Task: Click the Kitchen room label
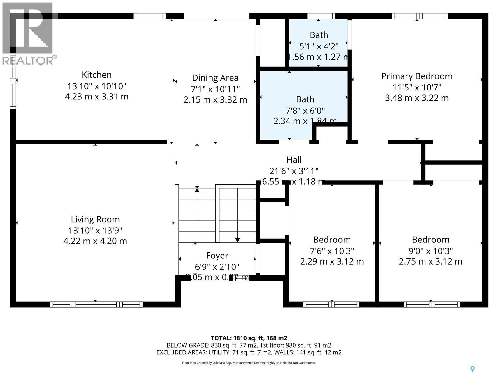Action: pyautogui.click(x=96, y=75)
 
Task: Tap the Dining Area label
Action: pyautogui.click(x=215, y=78)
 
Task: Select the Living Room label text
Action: pyautogui.click(x=95, y=219)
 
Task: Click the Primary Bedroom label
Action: pyautogui.click(x=416, y=76)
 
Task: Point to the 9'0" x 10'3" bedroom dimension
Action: pyautogui.click(x=430, y=251)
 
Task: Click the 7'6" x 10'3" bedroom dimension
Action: pyautogui.click(x=332, y=251)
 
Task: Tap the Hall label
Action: pyautogui.click(x=294, y=160)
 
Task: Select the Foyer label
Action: pyautogui.click(x=217, y=256)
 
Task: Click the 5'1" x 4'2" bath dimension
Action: pyautogui.click(x=319, y=46)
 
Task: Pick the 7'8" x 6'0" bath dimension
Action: pyautogui.click(x=305, y=110)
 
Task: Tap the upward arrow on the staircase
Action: pyautogui.click(x=197, y=189)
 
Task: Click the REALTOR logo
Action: pyautogui.click(x=29, y=34)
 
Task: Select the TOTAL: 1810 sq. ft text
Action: pyautogui.click(x=249, y=338)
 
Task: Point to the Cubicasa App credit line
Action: pyautogui.click(x=249, y=363)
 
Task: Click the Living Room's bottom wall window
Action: pyautogui.click(x=96, y=304)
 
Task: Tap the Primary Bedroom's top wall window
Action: pyautogui.click(x=419, y=16)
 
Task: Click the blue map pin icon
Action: pyautogui.click(x=472, y=369)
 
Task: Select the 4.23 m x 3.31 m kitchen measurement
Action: pyautogui.click(x=96, y=97)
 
